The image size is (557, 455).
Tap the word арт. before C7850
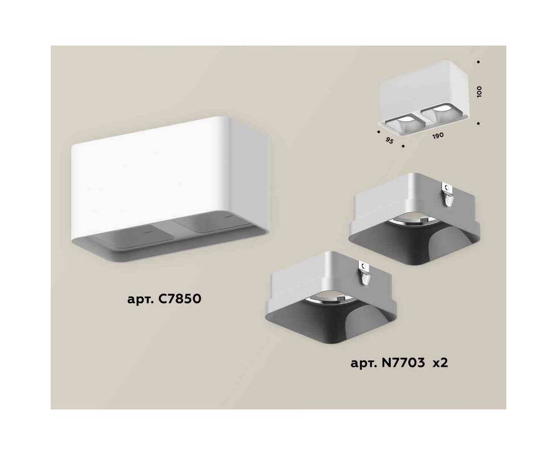[140, 300]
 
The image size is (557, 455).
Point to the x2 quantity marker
[440, 363]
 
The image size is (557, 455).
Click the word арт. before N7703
[363, 364]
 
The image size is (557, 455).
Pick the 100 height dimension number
[480, 92]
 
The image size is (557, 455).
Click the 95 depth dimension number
[389, 140]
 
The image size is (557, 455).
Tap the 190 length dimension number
[438, 136]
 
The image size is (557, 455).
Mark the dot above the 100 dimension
[478, 61]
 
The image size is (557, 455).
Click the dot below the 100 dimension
[479, 123]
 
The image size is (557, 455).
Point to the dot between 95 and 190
[403, 146]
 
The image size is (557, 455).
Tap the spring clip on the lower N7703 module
[365, 274]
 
